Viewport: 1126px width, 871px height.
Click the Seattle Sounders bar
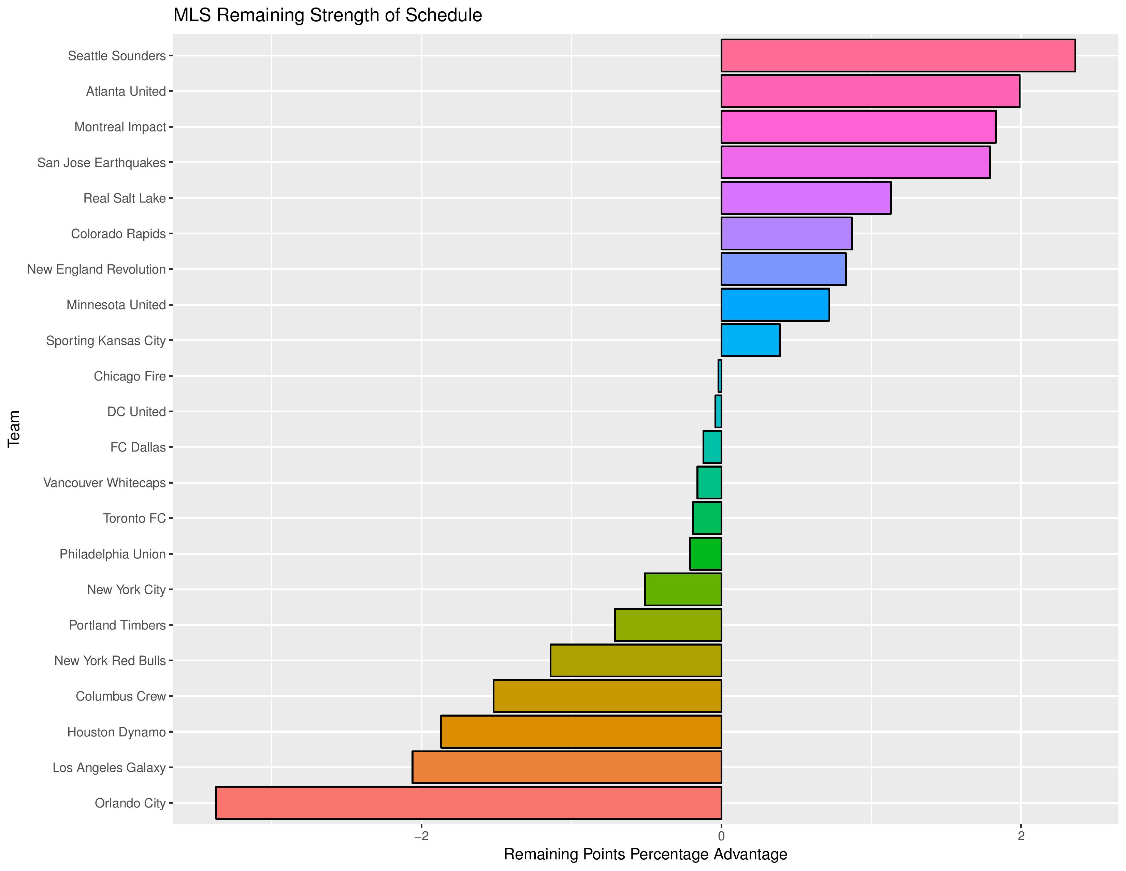(898, 55)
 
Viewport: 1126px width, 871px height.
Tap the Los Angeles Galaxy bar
(567, 767)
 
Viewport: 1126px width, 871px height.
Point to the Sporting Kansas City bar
(750, 340)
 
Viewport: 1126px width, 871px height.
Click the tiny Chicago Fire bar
(720, 376)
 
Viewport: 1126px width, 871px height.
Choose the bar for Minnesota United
(775, 304)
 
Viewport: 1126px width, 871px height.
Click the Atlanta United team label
(126, 91)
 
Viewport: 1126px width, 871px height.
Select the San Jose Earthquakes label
(102, 163)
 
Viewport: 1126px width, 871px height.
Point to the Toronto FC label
(134, 518)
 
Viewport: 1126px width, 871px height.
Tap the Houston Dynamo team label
(116, 732)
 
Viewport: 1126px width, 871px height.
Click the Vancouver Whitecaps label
(105, 482)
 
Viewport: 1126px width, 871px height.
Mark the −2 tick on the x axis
(422, 836)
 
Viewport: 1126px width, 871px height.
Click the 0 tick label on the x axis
(721, 836)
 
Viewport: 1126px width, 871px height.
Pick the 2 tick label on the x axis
(1021, 836)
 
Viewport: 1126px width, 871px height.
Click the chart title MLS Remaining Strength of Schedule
(327, 15)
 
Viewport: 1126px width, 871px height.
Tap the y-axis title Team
(14, 428)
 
